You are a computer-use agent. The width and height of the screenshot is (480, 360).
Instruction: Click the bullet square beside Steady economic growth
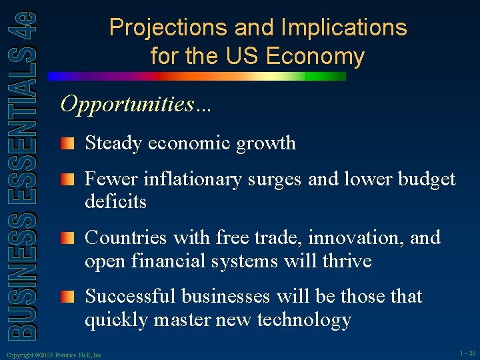tap(66, 143)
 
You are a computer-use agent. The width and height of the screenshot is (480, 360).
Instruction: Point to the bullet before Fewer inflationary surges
tap(66, 179)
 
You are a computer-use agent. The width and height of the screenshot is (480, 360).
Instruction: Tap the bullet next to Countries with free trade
tap(66, 237)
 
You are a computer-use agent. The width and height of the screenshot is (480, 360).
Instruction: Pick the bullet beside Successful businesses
tap(66, 296)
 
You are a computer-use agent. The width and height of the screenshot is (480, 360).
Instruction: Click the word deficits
tap(115, 201)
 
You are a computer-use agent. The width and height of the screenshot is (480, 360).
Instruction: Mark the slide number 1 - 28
tap(467, 353)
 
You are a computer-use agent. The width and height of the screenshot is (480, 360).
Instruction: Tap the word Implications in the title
tap(344, 28)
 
